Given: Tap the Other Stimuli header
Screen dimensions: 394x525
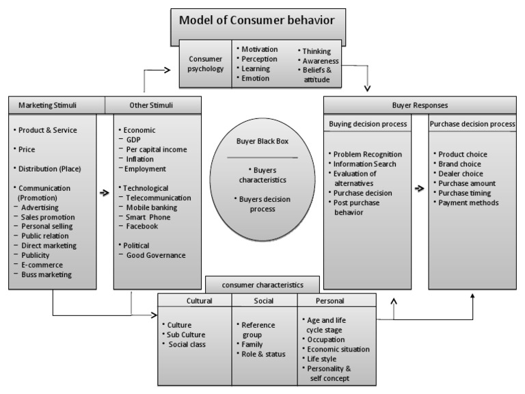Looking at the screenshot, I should point(153,105).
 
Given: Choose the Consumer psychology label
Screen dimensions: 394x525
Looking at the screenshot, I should point(206,64).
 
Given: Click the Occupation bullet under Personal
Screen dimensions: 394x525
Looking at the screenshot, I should point(325,339).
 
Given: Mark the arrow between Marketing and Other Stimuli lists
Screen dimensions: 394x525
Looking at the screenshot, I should point(105,193).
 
